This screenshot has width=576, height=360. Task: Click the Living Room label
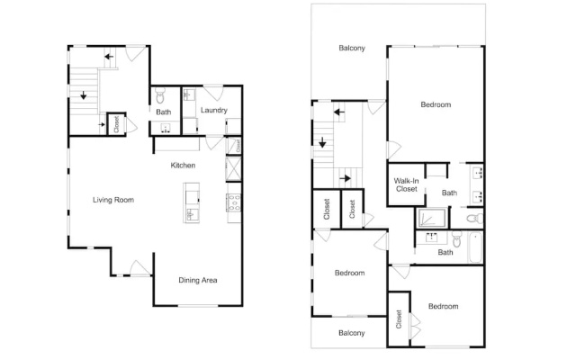coord(113,200)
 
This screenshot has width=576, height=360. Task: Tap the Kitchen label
coord(183,166)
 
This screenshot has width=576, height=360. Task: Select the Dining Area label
coord(198,280)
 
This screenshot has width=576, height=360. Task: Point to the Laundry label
coord(214,110)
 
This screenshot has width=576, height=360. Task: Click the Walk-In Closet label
coord(406,184)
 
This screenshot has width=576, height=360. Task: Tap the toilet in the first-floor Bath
coord(160,95)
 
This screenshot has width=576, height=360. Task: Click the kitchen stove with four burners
coord(234,203)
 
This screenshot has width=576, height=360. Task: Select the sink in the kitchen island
coord(192,214)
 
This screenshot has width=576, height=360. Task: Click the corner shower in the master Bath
coord(432,218)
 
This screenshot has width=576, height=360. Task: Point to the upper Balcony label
coord(352,48)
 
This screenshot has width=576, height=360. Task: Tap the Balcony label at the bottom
coord(352,333)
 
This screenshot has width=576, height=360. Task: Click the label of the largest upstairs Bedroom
coord(436,104)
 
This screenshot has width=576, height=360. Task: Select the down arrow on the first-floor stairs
coord(84,95)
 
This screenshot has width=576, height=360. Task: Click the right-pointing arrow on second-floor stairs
coord(346,178)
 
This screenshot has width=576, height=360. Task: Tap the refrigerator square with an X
coord(234,168)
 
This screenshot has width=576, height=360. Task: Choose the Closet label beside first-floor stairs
coord(116,124)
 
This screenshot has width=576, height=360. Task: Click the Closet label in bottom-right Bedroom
coord(399,319)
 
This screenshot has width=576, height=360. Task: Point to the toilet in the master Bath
coord(475,219)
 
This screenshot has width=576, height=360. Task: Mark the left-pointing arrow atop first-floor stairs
coord(109,57)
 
